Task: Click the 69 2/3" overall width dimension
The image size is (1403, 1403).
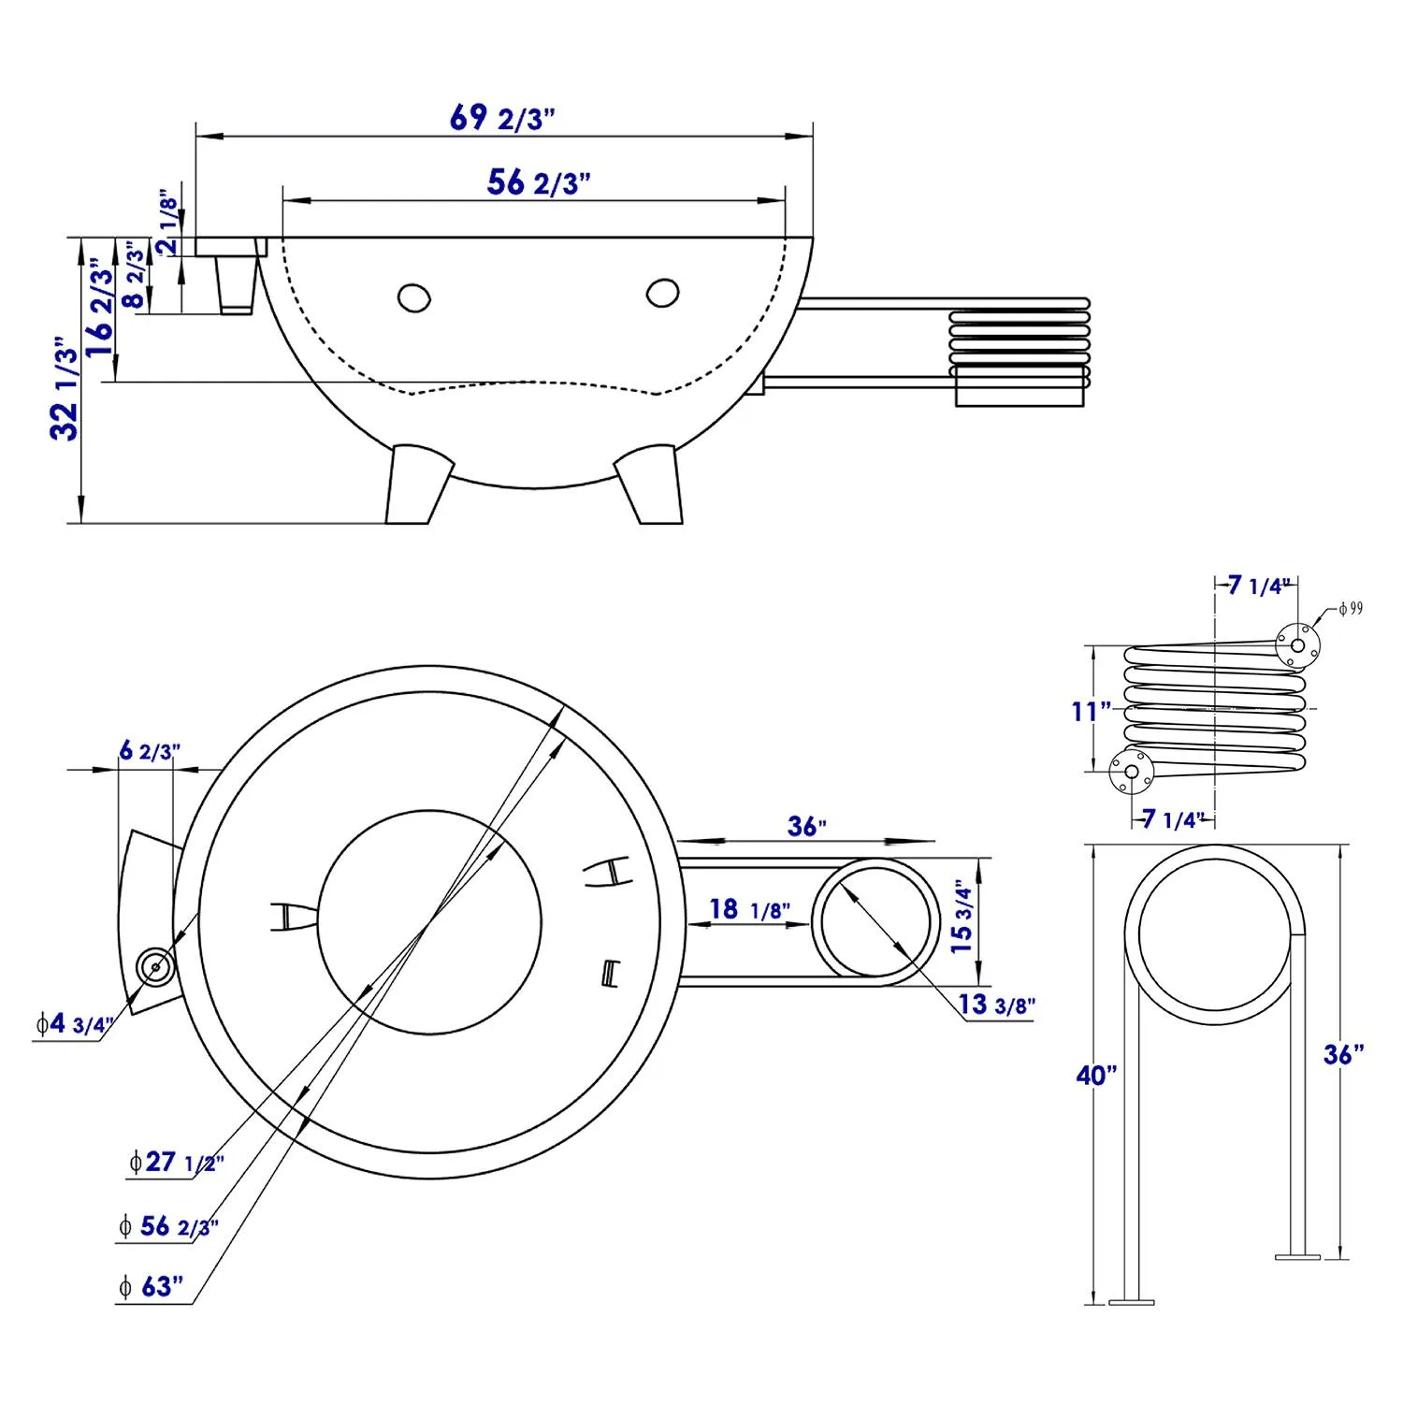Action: [502, 119]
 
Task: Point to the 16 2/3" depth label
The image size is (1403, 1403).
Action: [100, 311]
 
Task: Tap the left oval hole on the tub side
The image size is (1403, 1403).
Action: [413, 298]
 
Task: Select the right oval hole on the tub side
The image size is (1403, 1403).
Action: [662, 293]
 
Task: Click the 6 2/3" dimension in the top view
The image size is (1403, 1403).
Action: [149, 750]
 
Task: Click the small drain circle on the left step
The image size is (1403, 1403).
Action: [154, 966]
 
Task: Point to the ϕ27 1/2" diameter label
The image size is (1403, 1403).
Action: [177, 1162]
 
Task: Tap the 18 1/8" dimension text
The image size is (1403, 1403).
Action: [749, 909]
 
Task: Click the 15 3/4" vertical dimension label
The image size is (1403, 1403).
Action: [962, 917]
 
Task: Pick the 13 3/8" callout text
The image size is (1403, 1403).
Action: [997, 1005]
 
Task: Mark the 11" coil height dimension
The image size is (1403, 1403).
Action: [1091, 712]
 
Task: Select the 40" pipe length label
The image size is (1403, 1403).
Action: [1096, 1076]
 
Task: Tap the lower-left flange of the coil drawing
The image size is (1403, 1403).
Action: [1131, 772]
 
